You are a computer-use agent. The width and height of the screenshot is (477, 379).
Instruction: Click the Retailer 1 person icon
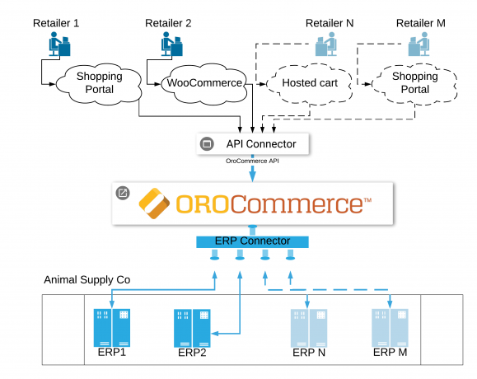[59, 44]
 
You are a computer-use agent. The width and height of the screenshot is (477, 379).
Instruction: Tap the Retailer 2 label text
[168, 23]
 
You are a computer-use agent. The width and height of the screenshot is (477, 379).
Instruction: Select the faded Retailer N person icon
[326, 44]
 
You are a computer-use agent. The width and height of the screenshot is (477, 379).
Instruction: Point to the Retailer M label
[421, 23]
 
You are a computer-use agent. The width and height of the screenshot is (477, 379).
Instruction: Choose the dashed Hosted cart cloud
[310, 84]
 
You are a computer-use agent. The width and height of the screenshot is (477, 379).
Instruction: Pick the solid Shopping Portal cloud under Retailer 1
[99, 84]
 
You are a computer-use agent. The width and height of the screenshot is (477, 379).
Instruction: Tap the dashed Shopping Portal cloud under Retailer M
[414, 84]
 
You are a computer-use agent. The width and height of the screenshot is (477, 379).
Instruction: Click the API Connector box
[252, 144]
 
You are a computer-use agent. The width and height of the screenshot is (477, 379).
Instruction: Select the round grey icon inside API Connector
[207, 143]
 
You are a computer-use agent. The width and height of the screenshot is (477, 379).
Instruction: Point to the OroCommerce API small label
[252, 161]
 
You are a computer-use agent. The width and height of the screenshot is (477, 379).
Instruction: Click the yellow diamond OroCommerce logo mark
[154, 204]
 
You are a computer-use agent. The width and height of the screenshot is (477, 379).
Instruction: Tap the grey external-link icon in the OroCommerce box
[123, 193]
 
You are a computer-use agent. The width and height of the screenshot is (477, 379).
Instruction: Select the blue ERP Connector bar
[252, 241]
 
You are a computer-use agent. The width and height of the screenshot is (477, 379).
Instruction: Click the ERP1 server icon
[112, 328]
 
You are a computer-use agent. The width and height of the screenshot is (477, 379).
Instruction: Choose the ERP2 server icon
[192, 328]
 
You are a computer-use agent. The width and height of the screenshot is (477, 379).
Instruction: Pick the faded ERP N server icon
[309, 328]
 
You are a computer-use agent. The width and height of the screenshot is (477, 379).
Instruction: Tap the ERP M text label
[390, 353]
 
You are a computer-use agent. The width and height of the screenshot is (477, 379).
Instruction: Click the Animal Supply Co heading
[87, 279]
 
